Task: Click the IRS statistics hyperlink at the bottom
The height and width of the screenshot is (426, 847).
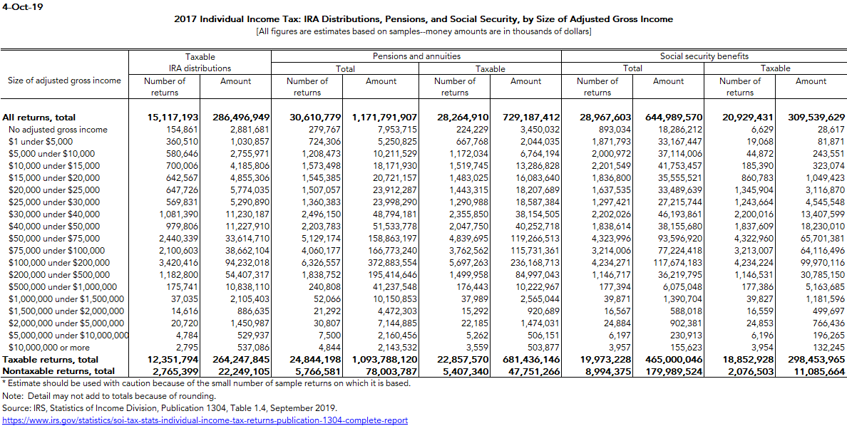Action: (205, 420)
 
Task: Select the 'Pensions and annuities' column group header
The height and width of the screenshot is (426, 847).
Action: (416, 56)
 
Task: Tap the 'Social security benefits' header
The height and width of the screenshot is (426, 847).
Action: (704, 56)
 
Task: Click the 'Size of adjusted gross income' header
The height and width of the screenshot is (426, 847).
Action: (64, 80)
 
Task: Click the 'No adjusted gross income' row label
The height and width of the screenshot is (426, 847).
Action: (58, 130)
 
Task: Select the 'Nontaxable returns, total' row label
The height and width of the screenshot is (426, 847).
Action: (58, 371)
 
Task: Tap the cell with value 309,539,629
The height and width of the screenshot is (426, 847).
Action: (811, 118)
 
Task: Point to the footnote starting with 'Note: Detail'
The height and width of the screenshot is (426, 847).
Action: (99, 395)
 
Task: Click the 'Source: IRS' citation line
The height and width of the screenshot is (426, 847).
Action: (169, 408)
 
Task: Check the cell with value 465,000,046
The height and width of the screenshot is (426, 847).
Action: (669, 360)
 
